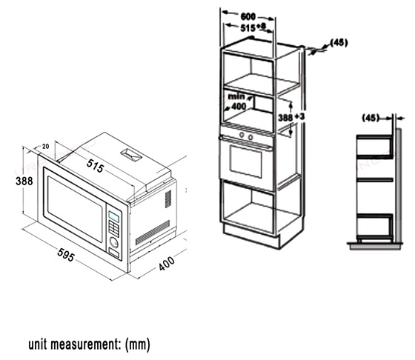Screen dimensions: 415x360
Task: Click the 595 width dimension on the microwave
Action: tap(66, 255)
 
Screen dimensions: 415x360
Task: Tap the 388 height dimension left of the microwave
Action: tap(24, 181)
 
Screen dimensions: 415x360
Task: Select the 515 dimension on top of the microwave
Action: tap(96, 166)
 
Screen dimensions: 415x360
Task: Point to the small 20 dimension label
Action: tap(45, 146)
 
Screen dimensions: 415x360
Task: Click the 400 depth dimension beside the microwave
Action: tap(167, 263)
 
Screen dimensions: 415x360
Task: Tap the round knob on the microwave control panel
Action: tap(114, 242)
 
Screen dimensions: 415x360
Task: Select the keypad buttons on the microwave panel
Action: tap(114, 228)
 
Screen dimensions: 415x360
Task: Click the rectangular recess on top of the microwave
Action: tap(131, 155)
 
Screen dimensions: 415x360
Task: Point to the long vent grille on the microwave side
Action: tap(153, 233)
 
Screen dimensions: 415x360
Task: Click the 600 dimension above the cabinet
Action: tap(248, 17)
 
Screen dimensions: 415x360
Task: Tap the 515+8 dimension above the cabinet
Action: tap(253, 27)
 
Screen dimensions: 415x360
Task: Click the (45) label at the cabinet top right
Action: tap(339, 42)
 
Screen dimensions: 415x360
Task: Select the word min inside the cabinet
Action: tap(236, 96)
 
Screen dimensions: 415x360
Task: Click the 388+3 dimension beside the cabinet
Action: tap(291, 117)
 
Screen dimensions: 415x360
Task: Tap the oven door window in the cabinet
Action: tap(246, 161)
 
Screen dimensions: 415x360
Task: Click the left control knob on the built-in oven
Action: tap(242, 135)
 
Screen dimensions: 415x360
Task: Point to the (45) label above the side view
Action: tap(371, 118)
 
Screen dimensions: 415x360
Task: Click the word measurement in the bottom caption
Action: tap(86, 344)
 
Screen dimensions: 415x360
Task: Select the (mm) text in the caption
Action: tap(138, 344)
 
